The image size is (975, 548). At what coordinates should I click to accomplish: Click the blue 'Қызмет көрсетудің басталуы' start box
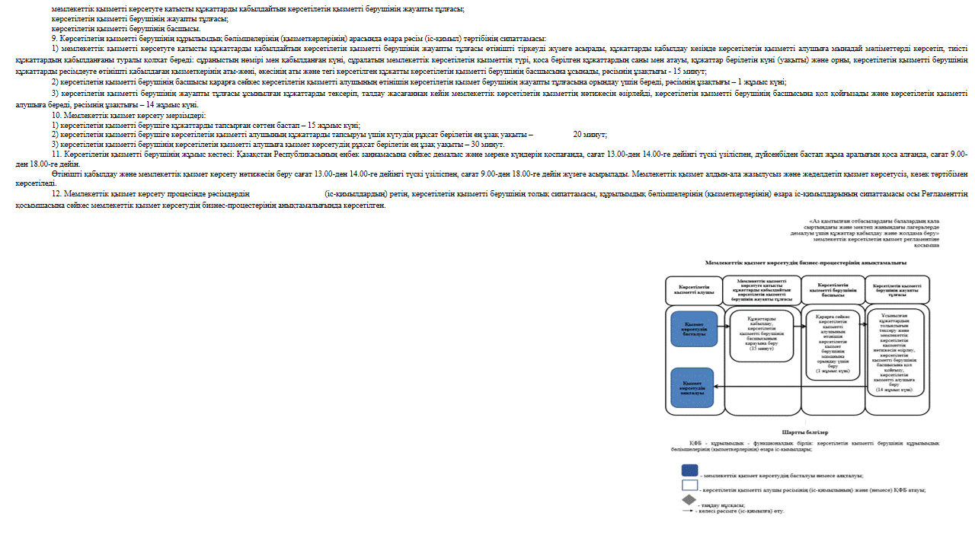click(x=694, y=329)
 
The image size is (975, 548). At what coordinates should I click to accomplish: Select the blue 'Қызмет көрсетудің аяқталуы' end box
click(x=694, y=387)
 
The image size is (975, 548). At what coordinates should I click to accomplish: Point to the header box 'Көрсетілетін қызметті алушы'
click(x=694, y=290)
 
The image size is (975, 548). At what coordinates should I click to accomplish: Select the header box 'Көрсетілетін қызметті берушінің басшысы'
click(x=833, y=289)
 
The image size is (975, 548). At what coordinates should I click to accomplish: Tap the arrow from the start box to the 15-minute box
click(x=724, y=329)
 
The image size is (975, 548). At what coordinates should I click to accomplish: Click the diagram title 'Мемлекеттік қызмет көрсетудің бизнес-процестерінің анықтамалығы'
click(x=805, y=262)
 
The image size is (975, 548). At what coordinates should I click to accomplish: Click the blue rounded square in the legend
click(x=689, y=470)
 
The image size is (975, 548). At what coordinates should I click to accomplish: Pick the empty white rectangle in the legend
click(x=689, y=486)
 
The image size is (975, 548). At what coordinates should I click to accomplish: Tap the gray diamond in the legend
click(x=689, y=501)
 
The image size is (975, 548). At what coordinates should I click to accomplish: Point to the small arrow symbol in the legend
click(x=689, y=510)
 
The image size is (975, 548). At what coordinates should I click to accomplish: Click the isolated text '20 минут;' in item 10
click(x=590, y=134)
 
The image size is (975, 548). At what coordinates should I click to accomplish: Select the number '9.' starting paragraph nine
click(x=55, y=39)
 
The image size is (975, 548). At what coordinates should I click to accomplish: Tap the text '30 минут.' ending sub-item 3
click(x=488, y=144)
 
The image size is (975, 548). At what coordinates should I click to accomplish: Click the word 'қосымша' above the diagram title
click(x=926, y=246)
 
